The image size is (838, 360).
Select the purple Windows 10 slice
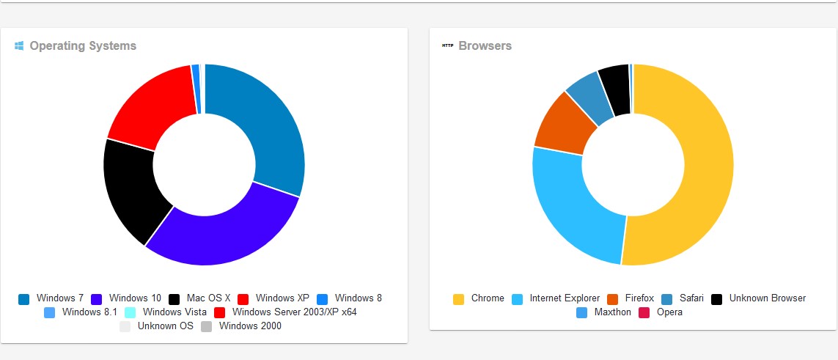tap(220, 234)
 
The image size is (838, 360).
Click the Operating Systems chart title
tap(83, 46)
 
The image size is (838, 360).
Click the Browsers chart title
tap(485, 46)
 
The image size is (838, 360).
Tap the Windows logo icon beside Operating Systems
tap(19, 46)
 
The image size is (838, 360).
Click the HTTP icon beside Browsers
tap(447, 46)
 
